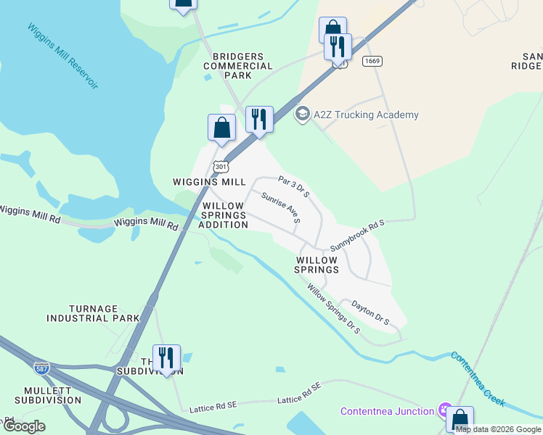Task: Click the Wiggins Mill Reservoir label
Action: point(62,57)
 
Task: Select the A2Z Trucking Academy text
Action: point(366,115)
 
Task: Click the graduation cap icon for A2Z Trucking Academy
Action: point(301,114)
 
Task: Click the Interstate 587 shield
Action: point(42,368)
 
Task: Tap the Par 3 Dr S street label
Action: point(294,185)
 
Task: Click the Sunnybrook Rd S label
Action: point(356,236)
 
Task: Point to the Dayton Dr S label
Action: point(370,312)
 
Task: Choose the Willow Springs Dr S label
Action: point(333,308)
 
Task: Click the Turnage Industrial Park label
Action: point(93,313)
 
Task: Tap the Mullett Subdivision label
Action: point(47,394)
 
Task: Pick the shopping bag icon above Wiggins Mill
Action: point(222,127)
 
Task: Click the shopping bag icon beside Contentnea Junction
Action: point(460,419)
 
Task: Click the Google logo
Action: point(24,426)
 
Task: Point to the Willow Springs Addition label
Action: point(224,215)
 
